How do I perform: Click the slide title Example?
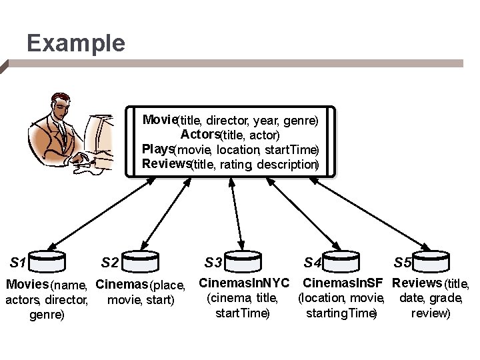[75, 44]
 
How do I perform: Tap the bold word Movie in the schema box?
[159, 120]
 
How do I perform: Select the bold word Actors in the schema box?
[199, 134]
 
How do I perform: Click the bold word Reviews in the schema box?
[166, 163]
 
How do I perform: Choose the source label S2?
[110, 262]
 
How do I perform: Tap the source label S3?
[214, 262]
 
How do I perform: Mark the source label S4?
[312, 262]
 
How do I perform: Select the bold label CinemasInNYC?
[245, 283]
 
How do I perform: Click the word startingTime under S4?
[341, 313]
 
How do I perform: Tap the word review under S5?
[431, 313]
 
